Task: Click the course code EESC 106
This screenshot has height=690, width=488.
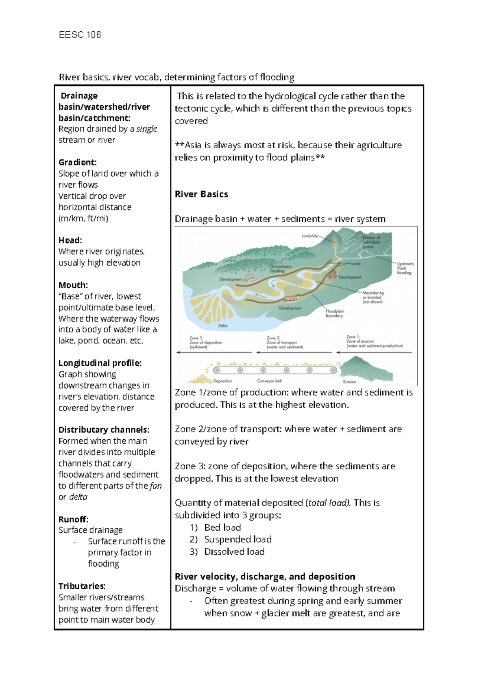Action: click(x=80, y=35)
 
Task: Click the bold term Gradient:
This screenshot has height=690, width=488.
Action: click(x=77, y=162)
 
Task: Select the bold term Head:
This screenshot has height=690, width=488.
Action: click(x=70, y=240)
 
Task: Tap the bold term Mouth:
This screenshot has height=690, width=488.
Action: click(x=73, y=285)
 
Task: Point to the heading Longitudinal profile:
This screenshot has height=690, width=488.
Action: click(x=100, y=363)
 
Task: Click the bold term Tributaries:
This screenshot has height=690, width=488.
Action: click(x=82, y=586)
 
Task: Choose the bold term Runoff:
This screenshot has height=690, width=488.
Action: click(x=73, y=519)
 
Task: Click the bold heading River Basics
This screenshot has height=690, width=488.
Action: click(x=201, y=194)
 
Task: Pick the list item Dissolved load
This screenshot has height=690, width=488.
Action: click(x=234, y=551)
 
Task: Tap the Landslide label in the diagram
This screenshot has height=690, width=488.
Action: click(x=310, y=236)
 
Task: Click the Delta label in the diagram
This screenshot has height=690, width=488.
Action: click(x=223, y=325)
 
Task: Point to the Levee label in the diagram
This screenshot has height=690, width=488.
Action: click(x=355, y=264)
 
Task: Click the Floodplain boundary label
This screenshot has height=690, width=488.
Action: click(x=334, y=313)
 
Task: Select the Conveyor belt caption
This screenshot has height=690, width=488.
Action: click(x=269, y=381)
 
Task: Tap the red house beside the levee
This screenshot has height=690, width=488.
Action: click(x=332, y=275)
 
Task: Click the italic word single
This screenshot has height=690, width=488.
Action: click(x=146, y=129)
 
